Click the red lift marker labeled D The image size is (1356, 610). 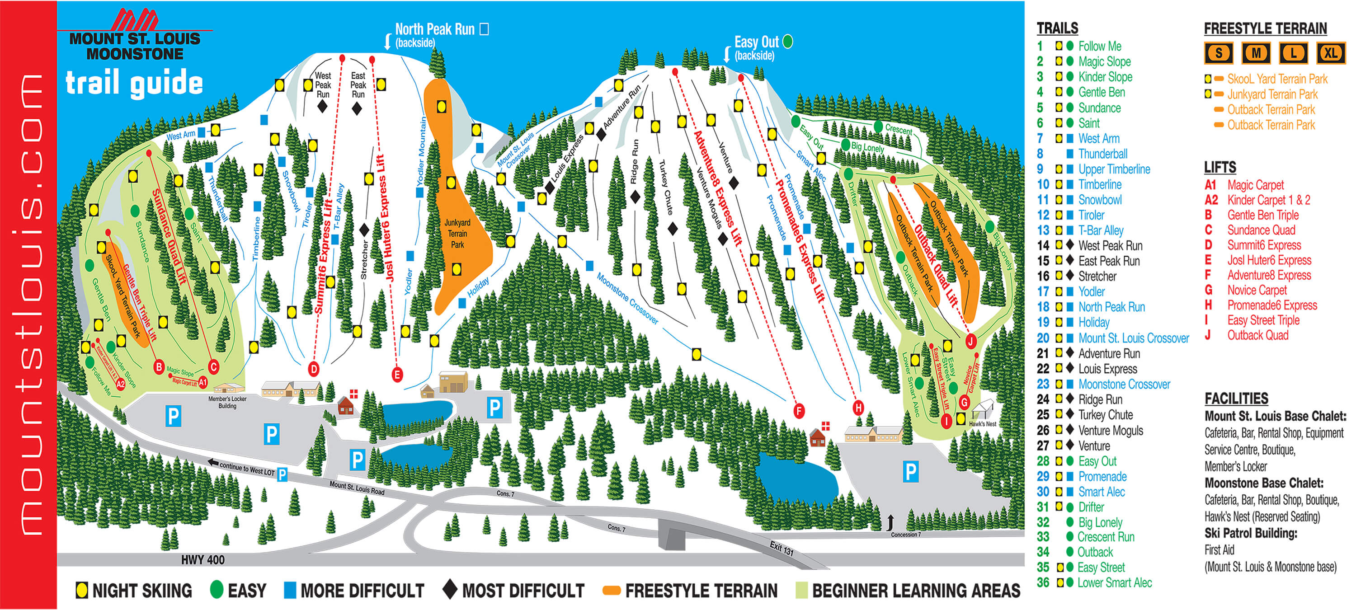(314, 369)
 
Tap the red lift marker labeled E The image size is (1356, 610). (397, 375)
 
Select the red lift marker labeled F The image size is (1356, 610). (799, 411)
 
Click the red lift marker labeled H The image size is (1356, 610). (858, 408)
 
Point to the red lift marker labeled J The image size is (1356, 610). (971, 341)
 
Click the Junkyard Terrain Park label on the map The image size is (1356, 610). (457, 234)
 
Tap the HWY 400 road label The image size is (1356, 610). (202, 560)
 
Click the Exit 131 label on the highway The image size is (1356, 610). (781, 549)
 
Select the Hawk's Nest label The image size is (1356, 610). (982, 424)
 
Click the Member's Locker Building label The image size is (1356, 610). (227, 402)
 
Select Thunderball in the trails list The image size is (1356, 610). (1103, 154)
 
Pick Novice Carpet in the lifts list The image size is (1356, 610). (1257, 290)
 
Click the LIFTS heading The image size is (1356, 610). (1220, 167)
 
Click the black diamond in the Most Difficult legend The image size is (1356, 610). (450, 590)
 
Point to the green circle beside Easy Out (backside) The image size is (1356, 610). (787, 41)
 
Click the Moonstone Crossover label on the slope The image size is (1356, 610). (627, 298)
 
